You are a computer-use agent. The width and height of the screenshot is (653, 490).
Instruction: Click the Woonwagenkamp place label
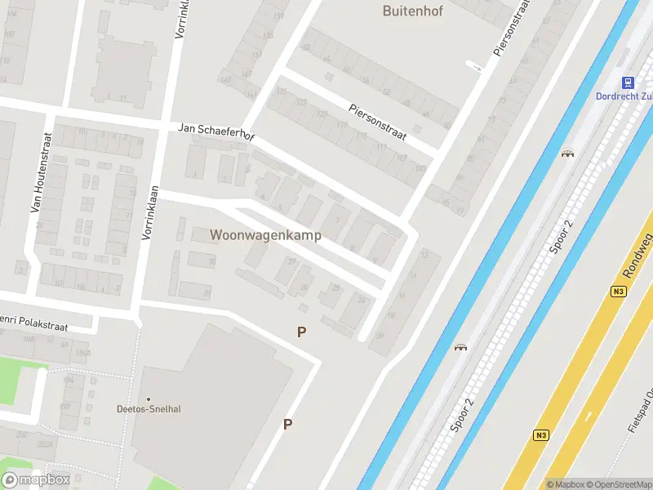click(265, 235)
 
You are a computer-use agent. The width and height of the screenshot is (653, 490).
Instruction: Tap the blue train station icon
click(628, 82)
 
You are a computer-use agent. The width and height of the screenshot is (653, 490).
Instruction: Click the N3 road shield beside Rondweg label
click(618, 291)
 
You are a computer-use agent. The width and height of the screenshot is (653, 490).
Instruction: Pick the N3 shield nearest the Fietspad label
click(540, 435)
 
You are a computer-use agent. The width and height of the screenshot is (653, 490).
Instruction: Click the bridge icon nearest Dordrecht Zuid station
click(566, 153)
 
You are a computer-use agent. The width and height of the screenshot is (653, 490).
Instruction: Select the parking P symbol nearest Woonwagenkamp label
click(302, 332)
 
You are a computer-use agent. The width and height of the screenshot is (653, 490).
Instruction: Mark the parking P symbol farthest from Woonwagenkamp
click(287, 424)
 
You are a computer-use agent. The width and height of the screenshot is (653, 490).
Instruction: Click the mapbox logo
click(35, 479)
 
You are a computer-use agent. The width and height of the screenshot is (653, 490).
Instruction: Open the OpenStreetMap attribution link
click(620, 484)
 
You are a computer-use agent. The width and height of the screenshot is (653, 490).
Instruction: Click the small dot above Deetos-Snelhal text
click(148, 399)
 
